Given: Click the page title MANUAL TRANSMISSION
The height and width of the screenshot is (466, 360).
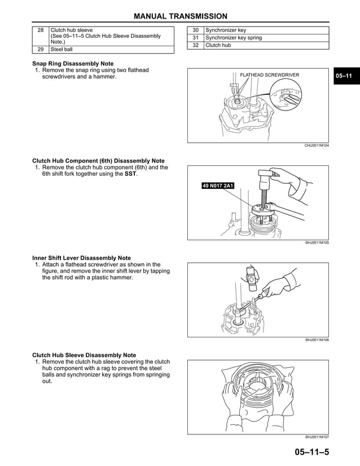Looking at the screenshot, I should tap(180, 16).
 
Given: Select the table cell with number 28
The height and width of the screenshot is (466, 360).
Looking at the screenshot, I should tap(40, 30).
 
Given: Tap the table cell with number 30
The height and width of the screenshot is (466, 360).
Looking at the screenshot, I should tap(195, 30).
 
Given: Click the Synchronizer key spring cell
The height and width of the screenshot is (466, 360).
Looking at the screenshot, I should tap(234, 38).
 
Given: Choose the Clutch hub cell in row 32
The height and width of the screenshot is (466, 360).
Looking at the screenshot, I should tap(218, 45).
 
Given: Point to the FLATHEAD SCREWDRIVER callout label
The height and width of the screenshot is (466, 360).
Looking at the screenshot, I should tap(270, 75).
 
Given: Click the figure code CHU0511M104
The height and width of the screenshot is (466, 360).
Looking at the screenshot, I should tap(317, 146).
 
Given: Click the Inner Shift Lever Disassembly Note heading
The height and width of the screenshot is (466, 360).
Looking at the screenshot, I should tap(81, 258).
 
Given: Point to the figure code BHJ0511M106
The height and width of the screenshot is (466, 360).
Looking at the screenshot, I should tap(317, 340).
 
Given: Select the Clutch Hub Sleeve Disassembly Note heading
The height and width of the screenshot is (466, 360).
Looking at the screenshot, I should tap(84, 355).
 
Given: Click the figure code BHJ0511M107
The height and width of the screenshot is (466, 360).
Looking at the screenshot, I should tap(317, 437).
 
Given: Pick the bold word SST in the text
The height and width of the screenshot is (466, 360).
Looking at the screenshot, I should tap(130, 174).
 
